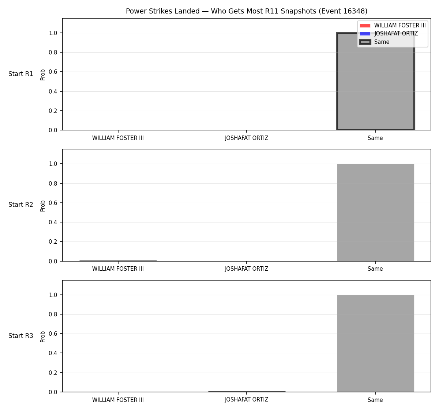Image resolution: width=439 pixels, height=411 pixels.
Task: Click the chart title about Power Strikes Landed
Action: tap(247, 11)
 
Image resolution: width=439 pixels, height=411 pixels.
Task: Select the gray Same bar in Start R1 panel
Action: tap(375, 81)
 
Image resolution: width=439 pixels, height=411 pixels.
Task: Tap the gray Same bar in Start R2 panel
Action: tap(375, 212)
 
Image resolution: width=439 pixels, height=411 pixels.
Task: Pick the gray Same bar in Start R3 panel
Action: tap(375, 343)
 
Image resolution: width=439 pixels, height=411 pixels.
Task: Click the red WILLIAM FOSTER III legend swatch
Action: tap(365, 26)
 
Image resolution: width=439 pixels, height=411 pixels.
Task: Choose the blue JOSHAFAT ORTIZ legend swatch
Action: tap(365, 34)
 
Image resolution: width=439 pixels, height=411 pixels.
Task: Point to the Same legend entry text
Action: tap(382, 42)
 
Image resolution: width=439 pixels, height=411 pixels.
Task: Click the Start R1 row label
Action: tap(21, 74)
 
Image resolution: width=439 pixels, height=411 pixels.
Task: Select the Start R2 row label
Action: tap(21, 205)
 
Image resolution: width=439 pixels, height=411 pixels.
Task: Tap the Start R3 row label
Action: tap(21, 336)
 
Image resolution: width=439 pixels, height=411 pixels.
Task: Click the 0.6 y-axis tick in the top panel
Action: tap(53, 72)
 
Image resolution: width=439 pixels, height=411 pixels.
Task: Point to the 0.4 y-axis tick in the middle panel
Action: tap(53, 222)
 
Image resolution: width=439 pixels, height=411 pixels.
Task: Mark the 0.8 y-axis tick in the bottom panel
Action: tap(53, 314)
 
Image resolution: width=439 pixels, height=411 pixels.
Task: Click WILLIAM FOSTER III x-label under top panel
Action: tap(118, 138)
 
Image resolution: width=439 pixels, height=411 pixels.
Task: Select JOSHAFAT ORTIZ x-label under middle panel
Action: tap(247, 269)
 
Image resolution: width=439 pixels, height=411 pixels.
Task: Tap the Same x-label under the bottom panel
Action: tap(375, 400)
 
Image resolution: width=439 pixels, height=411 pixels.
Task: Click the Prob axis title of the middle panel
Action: tap(43, 206)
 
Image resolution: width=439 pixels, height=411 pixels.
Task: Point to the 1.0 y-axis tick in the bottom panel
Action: tap(53, 295)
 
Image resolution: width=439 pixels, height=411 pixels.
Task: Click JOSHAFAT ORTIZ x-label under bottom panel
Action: tap(247, 400)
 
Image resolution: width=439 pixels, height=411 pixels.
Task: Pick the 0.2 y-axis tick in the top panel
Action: tap(53, 111)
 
